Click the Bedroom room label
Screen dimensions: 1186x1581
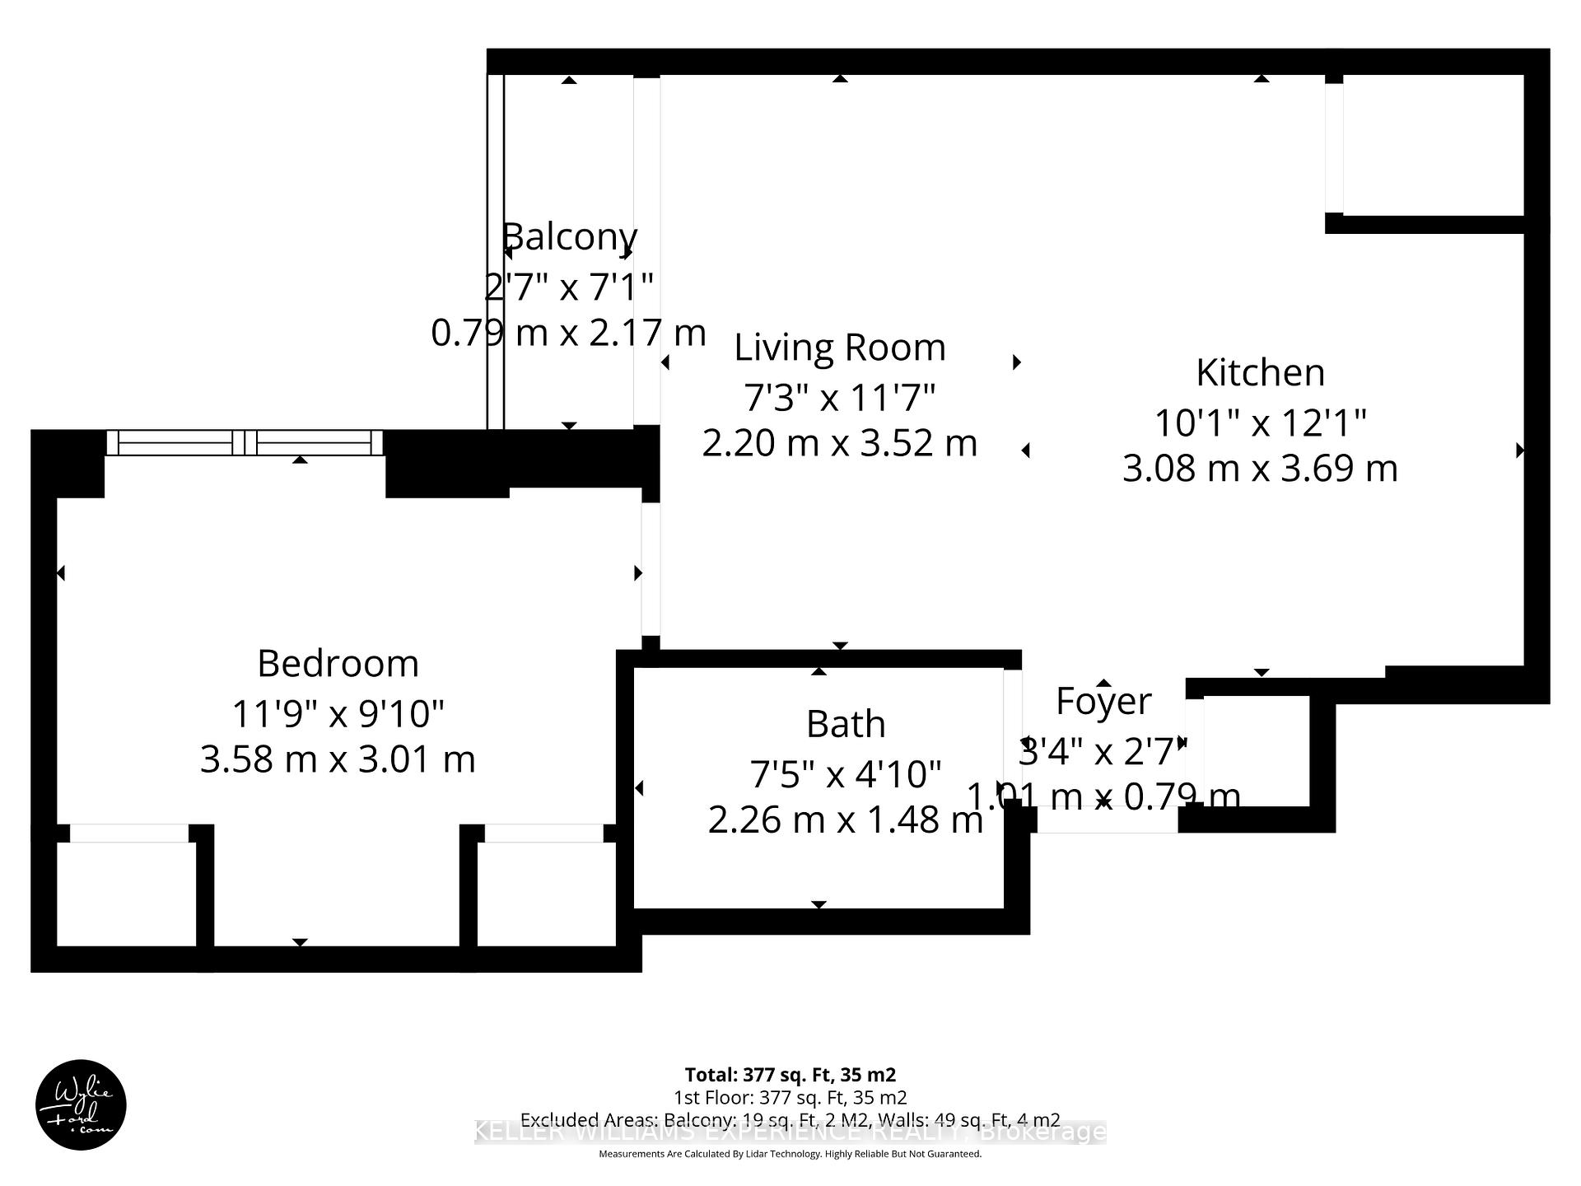click(338, 664)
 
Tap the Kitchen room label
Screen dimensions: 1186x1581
click(1260, 373)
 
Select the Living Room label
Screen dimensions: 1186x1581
click(839, 348)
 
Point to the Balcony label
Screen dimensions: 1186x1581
click(569, 237)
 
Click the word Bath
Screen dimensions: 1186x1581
click(846, 725)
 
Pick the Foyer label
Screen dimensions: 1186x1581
click(1103, 702)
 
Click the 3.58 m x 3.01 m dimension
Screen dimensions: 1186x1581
click(338, 759)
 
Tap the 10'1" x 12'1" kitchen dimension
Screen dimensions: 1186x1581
click(1260, 423)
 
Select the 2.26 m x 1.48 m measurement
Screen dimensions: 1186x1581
click(846, 820)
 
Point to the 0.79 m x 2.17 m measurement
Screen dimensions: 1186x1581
click(569, 334)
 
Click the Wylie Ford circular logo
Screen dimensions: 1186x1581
click(81, 1104)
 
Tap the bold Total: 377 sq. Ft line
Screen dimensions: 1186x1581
click(790, 1075)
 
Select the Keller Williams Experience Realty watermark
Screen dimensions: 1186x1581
click(790, 1133)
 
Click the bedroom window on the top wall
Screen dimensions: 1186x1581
click(245, 442)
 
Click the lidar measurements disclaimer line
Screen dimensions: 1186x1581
click(790, 1155)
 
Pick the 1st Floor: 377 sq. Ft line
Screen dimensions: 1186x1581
click(790, 1098)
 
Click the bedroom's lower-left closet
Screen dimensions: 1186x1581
click(126, 894)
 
